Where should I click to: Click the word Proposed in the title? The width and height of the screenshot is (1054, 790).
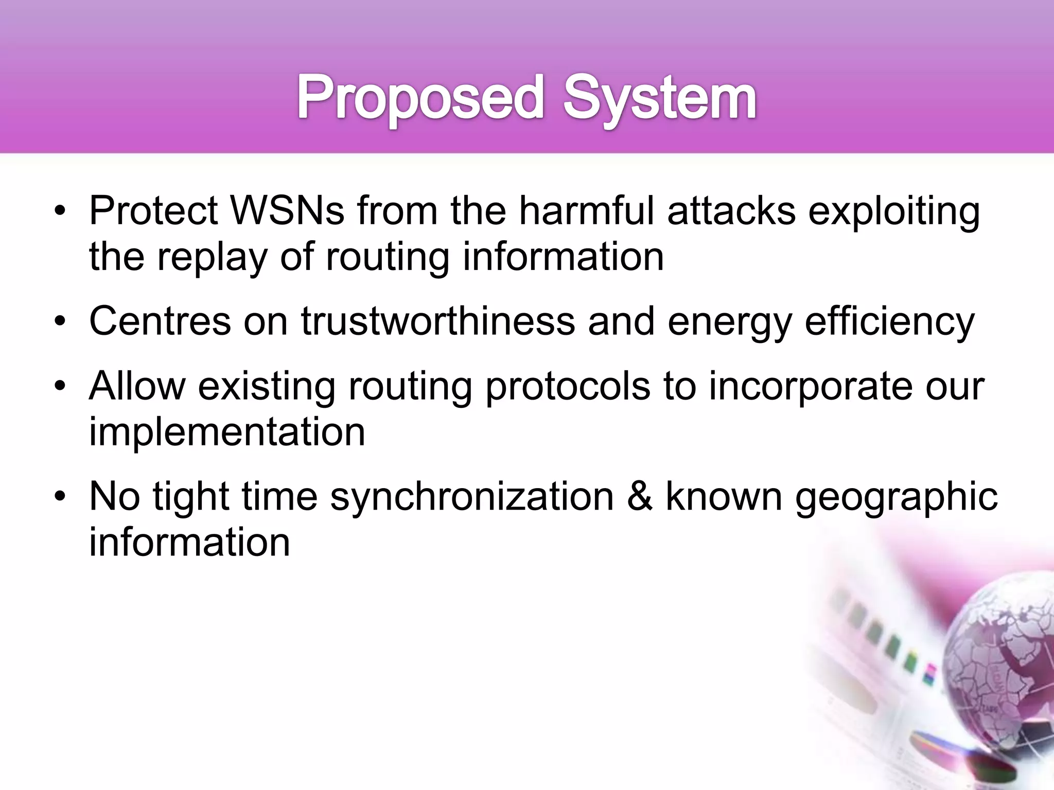[x=420, y=98]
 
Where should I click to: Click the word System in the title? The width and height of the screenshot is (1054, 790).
[x=659, y=98]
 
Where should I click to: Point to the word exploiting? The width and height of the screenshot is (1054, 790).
[x=894, y=211]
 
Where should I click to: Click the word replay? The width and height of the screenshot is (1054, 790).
[x=213, y=257]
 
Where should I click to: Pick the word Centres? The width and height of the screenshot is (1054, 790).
[x=160, y=321]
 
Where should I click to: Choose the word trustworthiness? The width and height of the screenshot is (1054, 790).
[x=438, y=321]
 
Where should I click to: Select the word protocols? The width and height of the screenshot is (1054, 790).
[x=567, y=387]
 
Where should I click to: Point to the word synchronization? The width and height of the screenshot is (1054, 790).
[x=472, y=497]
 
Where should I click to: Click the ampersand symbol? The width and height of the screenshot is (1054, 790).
[x=640, y=497]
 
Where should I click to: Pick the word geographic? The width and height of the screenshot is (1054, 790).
[x=896, y=498]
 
